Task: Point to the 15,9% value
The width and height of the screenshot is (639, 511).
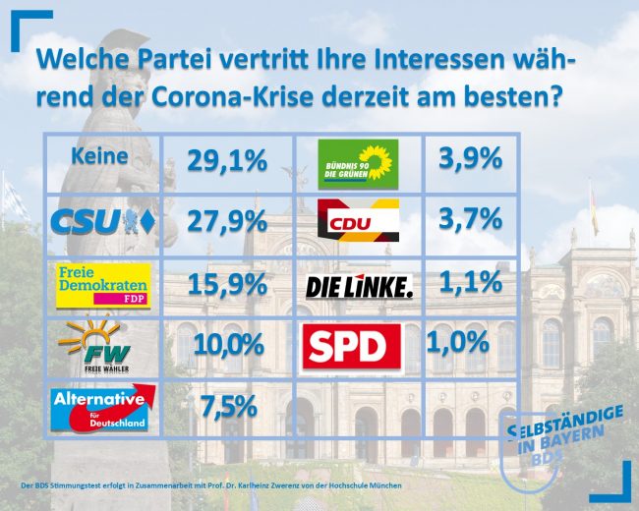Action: pyautogui.click(x=227, y=285)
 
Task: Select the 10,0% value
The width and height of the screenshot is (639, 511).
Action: pyautogui.click(x=229, y=345)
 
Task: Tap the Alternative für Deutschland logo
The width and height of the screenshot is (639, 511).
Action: pyautogui.click(x=103, y=409)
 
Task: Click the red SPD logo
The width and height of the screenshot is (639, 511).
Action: pyautogui.click(x=351, y=346)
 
